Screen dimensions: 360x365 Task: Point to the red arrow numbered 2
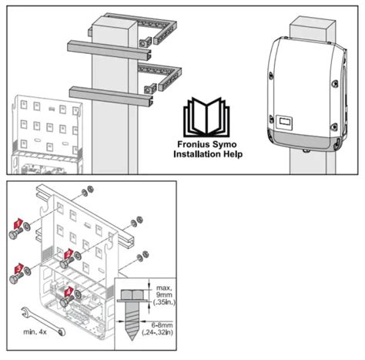[x=69, y=254]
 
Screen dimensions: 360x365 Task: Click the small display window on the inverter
[x=286, y=121]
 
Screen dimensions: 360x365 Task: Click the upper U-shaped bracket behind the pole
[x=164, y=32]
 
